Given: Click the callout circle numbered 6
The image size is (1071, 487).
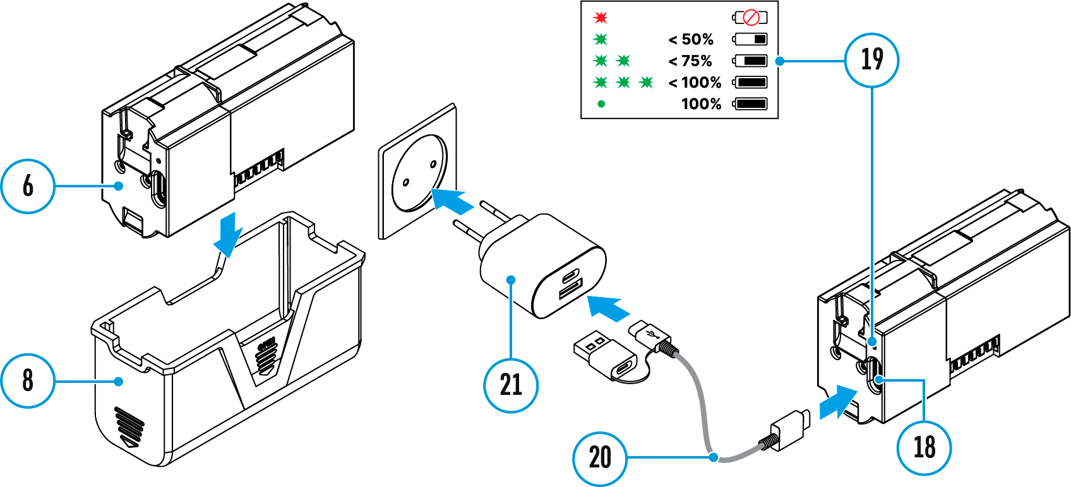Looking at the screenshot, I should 28,186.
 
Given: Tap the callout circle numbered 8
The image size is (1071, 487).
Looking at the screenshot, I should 28,380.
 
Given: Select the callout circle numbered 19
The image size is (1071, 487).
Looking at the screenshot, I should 872,60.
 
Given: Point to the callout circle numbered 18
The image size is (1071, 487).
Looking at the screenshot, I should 924,447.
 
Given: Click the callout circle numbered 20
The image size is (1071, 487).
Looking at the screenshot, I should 600,458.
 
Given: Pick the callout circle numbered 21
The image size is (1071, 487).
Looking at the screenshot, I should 511,385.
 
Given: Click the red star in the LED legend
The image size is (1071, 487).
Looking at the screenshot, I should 601,18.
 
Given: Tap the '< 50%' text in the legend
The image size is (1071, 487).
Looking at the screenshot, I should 691,40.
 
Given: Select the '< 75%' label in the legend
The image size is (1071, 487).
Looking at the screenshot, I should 690,61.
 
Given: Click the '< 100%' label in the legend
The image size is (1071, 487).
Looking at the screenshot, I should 695,83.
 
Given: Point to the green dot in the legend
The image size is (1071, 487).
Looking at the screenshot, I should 601,104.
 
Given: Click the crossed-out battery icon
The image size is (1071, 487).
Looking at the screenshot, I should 750,18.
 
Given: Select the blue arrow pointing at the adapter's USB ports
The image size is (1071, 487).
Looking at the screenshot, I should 608,308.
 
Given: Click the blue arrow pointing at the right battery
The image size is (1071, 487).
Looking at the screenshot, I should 837,401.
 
